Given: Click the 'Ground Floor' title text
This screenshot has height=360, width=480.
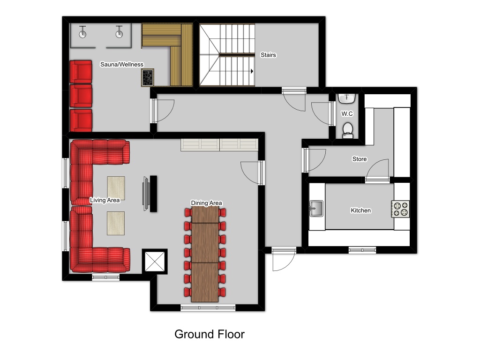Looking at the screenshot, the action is click(210, 334).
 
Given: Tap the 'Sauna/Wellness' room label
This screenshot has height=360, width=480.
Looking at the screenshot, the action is click(122, 64).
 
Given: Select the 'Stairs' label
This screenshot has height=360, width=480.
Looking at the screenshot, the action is click(268, 55).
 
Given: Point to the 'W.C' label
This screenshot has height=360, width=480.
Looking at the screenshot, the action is click(347, 113).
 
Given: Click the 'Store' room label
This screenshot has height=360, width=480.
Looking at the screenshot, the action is click(360, 159).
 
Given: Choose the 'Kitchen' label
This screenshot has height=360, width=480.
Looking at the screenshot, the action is click(360, 210).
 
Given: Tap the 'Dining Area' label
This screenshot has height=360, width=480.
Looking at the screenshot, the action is click(206, 202).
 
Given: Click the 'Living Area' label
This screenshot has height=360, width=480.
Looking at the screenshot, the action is click(105, 200).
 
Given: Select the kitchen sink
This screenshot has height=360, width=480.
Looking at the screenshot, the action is click(316, 208).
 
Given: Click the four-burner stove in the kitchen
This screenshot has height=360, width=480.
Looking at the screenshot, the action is click(400, 209).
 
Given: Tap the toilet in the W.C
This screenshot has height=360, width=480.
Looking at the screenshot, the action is click(347, 130).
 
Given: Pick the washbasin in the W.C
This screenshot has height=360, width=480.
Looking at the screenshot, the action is click(347, 98).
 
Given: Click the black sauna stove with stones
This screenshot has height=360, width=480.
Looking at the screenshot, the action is click(148, 77).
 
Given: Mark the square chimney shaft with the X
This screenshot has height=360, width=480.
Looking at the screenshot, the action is click(155, 262).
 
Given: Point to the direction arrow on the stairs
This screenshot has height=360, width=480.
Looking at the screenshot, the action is click(252, 71).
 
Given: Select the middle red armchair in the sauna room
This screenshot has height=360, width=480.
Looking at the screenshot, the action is click(81, 96).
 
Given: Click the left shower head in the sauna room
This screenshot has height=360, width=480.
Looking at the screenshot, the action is click(82, 32).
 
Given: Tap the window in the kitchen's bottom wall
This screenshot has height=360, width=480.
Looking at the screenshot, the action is click(362, 250).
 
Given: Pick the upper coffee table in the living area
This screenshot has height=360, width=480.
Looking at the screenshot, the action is click(116, 187).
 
